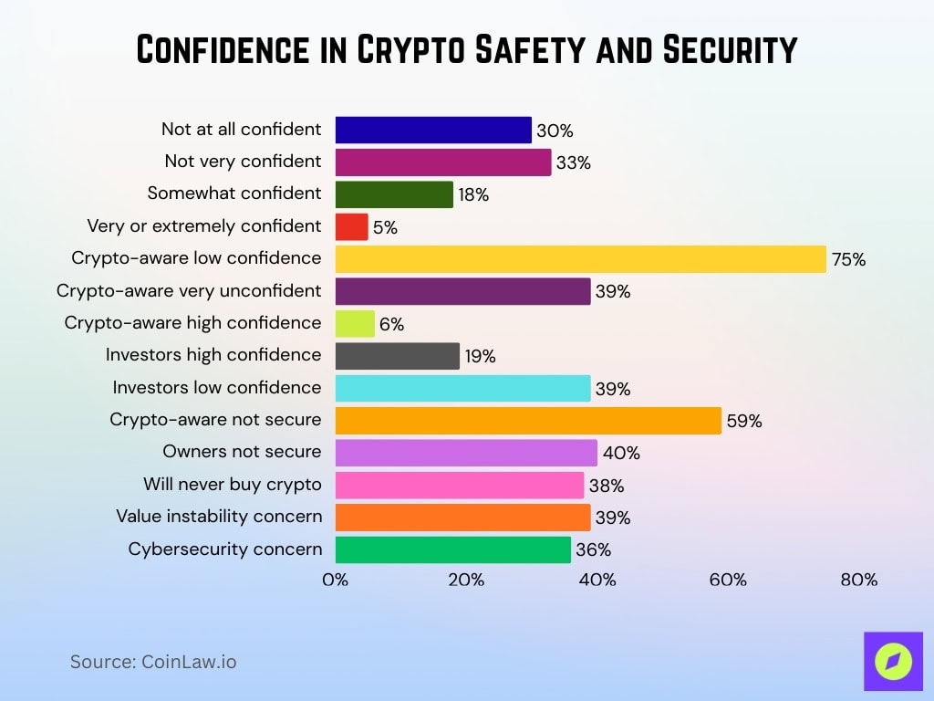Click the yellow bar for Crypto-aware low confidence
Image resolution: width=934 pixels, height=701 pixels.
point(580,258)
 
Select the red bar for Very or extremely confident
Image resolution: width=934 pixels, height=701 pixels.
point(351,226)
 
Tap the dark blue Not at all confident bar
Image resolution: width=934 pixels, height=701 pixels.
point(433,130)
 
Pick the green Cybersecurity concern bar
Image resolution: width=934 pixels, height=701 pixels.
point(452,549)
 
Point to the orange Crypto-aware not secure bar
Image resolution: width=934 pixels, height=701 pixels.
point(528,420)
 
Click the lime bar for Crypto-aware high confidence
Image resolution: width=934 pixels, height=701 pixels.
point(355,323)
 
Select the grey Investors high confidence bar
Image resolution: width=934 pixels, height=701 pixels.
point(397,355)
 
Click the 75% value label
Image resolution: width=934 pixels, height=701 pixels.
point(848,259)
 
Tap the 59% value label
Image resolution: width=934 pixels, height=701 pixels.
point(744,421)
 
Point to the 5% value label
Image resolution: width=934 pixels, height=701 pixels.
point(385,227)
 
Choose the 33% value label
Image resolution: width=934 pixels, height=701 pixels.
point(574,163)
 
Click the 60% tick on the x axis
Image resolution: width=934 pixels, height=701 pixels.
point(728,580)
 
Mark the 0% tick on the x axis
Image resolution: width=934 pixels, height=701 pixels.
point(336,580)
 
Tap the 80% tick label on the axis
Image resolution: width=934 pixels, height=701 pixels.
point(859,580)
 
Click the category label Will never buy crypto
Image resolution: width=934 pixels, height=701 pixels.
point(232,484)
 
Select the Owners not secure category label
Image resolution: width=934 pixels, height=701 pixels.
point(242,451)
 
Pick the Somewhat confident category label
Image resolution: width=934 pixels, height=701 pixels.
point(233,193)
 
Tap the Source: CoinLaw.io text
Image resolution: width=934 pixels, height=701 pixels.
point(153,662)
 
